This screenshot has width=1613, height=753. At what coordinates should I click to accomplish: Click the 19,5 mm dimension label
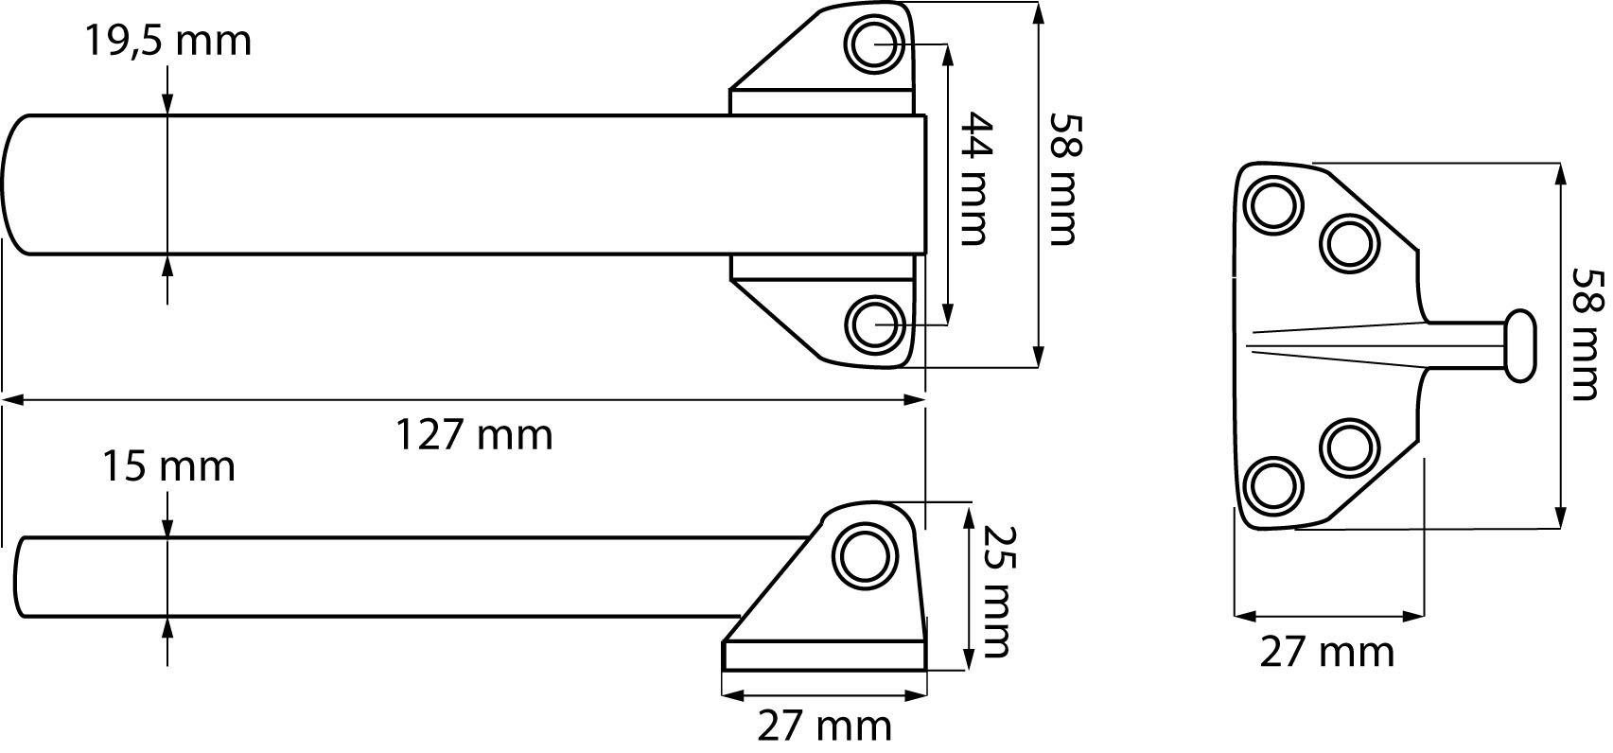(x=168, y=41)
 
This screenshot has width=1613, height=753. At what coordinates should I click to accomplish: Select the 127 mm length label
(x=475, y=435)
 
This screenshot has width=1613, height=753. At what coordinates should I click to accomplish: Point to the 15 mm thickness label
(x=168, y=466)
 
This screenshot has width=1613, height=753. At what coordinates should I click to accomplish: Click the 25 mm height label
(x=999, y=592)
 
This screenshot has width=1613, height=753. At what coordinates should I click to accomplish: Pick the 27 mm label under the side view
(x=825, y=727)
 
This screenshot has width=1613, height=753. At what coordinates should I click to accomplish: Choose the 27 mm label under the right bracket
(x=1327, y=652)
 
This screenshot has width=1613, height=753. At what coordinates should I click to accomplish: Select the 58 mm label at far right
(x=1587, y=335)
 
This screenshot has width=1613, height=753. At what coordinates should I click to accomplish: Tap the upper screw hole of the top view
(x=875, y=44)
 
